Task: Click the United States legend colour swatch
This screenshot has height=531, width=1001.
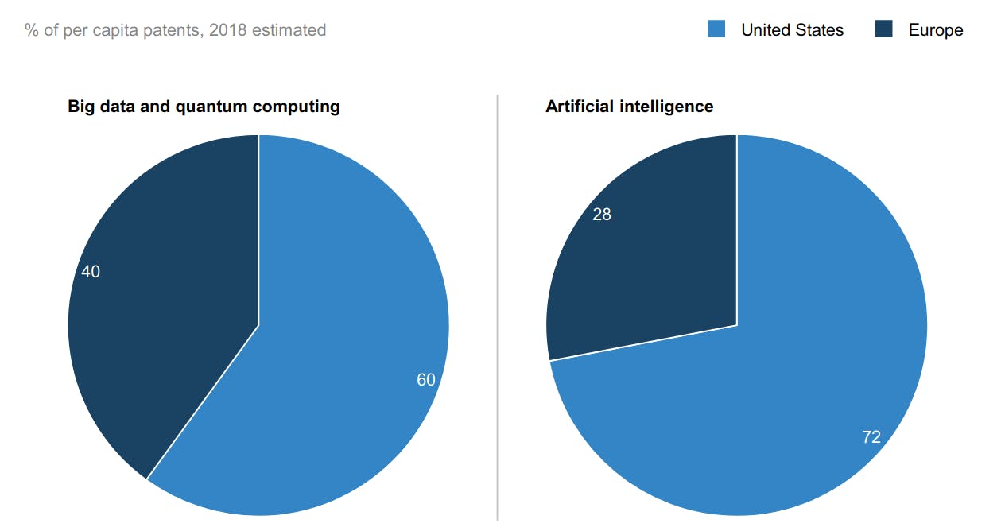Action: tap(716, 30)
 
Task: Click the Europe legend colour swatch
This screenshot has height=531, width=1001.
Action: tap(884, 30)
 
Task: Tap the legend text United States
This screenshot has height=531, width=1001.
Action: tap(792, 30)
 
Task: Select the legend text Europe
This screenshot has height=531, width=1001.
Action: tap(936, 30)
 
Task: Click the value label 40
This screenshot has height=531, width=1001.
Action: tap(91, 272)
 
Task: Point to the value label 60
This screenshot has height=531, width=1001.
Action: tap(426, 380)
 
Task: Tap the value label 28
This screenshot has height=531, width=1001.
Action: tap(602, 215)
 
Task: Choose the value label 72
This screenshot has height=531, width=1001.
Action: tap(871, 437)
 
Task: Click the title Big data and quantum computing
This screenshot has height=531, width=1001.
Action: tap(204, 107)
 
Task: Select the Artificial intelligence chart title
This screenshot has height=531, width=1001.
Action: tap(629, 107)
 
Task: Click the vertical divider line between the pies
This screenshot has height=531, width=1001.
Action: tap(498, 318)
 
